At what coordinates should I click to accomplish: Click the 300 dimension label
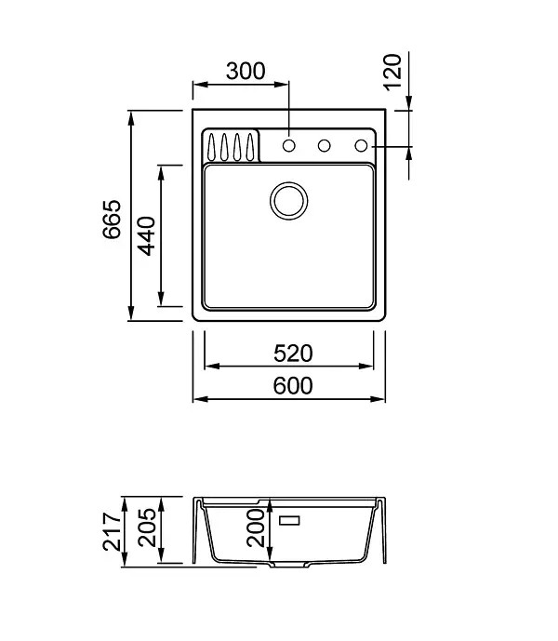[x=246, y=71]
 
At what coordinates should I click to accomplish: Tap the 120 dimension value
[x=392, y=72]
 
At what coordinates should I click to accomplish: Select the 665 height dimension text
[x=112, y=219]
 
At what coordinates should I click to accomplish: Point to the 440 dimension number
[x=146, y=236]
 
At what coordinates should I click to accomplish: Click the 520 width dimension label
[x=293, y=354]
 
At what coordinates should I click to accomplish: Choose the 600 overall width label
[x=293, y=386]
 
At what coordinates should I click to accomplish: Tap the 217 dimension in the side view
[x=112, y=531]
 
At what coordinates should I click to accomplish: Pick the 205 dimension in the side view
[x=147, y=527]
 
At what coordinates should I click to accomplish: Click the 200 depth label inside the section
[x=256, y=527]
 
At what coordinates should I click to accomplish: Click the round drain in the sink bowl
[x=289, y=201]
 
